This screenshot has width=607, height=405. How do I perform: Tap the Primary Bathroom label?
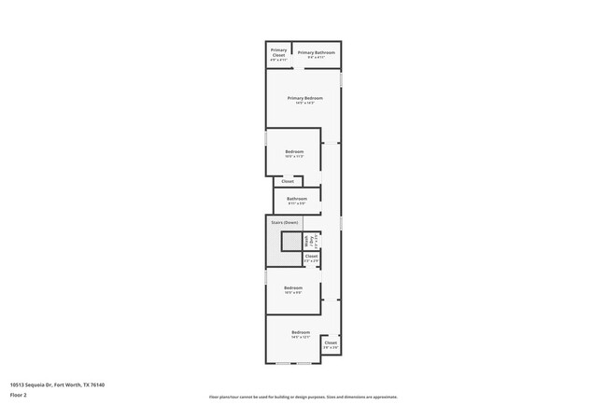[317, 52]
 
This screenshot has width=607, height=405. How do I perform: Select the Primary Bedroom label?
[305, 98]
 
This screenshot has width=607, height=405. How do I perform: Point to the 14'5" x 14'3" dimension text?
[305, 103]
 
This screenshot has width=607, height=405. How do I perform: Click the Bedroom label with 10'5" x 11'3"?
[294, 151]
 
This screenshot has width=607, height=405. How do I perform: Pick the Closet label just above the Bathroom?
[288, 181]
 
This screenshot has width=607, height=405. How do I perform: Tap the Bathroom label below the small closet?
[297, 198]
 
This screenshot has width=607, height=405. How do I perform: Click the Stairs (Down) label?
[284, 222]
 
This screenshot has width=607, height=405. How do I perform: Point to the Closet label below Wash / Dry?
[311, 256]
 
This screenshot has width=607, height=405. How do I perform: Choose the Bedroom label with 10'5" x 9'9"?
[293, 288]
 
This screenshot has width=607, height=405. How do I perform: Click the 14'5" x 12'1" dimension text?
[300, 337]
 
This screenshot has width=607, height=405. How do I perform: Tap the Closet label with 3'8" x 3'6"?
[331, 347]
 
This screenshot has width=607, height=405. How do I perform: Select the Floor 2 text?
[19, 395]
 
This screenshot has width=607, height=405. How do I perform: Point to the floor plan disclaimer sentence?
[303, 397]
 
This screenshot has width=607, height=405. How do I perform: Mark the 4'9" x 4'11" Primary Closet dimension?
[278, 60]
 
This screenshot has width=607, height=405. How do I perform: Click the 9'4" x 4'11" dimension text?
[317, 57]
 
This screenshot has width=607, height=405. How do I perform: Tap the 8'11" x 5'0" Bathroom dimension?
[297, 202]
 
